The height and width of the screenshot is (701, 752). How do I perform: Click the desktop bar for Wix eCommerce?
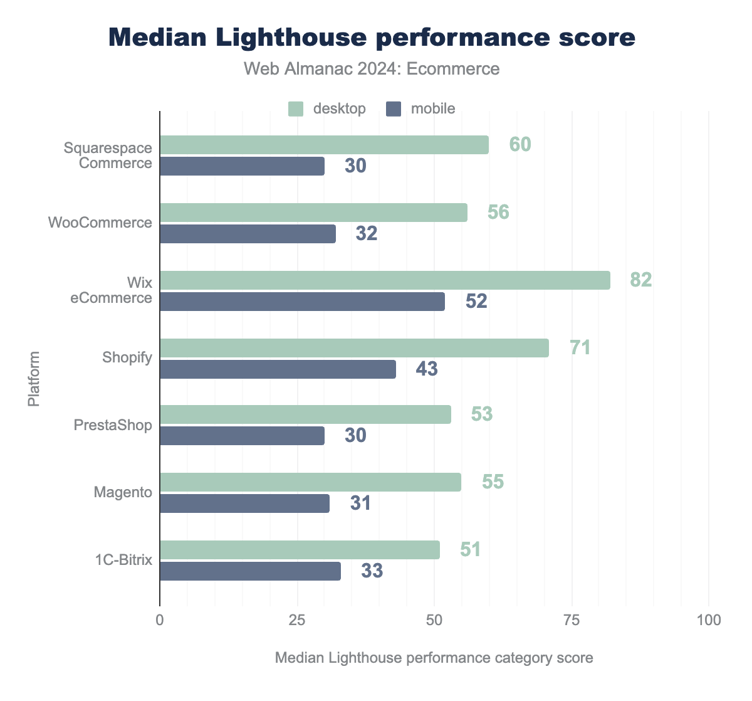[x=385, y=280]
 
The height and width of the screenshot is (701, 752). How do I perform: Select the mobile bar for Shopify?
[x=278, y=369]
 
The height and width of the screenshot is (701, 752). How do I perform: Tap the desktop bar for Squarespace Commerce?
[x=324, y=145]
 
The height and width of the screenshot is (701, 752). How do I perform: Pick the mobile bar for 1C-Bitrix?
[x=250, y=571]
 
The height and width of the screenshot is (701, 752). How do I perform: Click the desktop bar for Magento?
[x=310, y=482]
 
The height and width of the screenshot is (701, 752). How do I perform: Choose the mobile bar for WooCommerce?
[x=248, y=234]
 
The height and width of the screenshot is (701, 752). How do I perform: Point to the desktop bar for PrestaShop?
[x=305, y=414]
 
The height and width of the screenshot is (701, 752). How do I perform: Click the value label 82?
[x=641, y=280]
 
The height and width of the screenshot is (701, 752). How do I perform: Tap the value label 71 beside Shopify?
[x=580, y=347]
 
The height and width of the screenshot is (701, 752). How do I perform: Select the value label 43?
[x=427, y=369]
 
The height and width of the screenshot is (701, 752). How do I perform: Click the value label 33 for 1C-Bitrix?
[x=372, y=571]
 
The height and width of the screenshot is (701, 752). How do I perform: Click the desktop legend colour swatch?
[x=296, y=108]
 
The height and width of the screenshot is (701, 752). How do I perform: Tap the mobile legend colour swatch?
[x=394, y=108]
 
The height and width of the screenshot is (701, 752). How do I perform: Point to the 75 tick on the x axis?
[x=572, y=620]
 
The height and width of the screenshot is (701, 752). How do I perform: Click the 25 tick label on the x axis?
[x=297, y=620]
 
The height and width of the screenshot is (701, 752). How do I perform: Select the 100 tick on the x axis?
[x=708, y=620]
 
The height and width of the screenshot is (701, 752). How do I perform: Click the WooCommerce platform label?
[x=100, y=223]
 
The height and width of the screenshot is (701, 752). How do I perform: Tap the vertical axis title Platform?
[x=34, y=379]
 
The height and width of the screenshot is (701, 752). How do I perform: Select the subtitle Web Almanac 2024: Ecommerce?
[x=372, y=68]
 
